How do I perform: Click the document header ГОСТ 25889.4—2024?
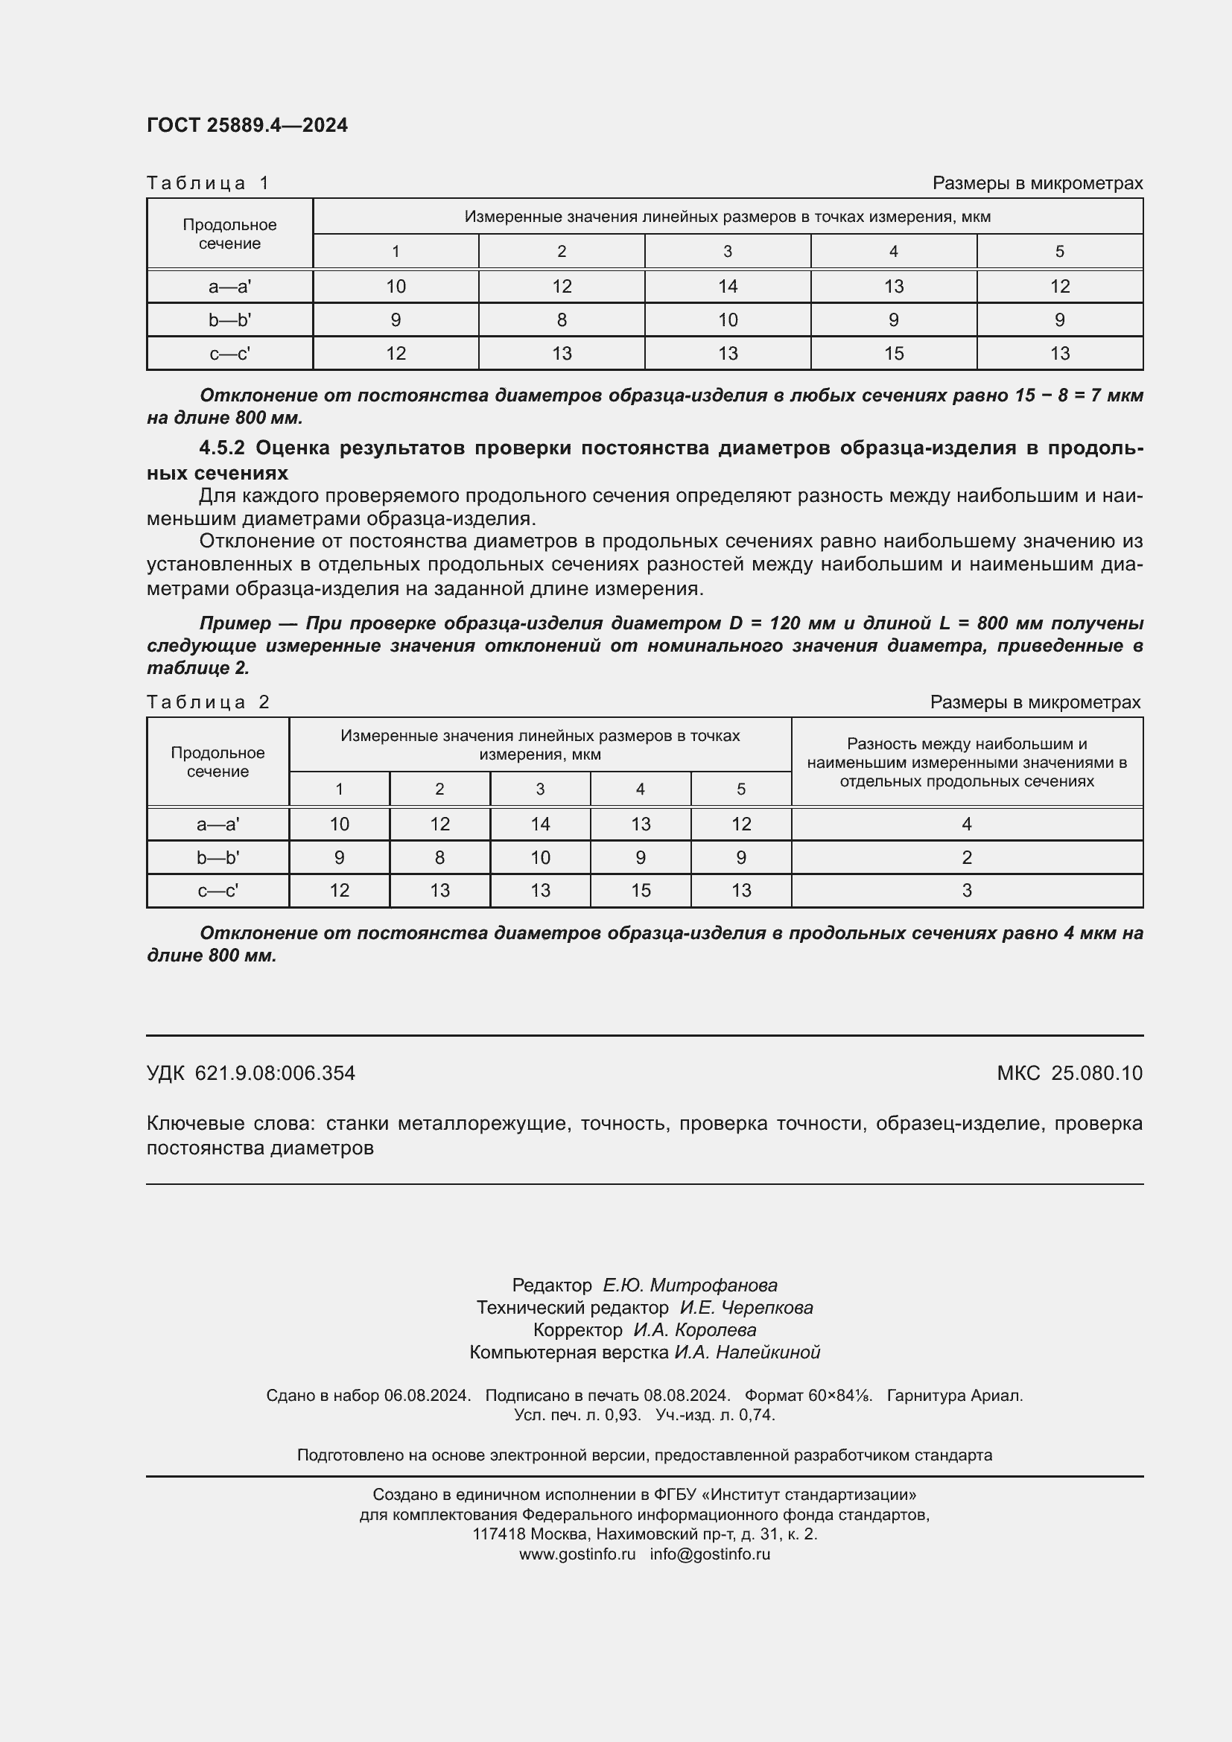(247, 125)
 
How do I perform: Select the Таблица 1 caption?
(208, 183)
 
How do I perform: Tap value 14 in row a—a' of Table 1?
(727, 286)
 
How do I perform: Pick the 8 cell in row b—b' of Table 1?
(562, 320)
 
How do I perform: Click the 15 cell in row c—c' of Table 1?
(893, 353)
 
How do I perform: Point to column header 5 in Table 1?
(1059, 251)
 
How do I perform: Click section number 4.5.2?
(221, 448)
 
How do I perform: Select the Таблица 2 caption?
(208, 702)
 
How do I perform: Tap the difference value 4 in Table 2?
(966, 824)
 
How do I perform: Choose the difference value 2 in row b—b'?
(966, 857)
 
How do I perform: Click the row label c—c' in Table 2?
(217, 891)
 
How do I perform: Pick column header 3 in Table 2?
(539, 789)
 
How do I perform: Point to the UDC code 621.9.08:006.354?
(275, 1072)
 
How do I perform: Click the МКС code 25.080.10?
(1096, 1072)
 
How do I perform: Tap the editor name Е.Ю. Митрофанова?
(690, 1285)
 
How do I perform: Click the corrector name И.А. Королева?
(694, 1330)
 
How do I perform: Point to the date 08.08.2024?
(686, 1395)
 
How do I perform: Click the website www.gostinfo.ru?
(577, 1554)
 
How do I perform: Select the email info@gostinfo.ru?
(709, 1554)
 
